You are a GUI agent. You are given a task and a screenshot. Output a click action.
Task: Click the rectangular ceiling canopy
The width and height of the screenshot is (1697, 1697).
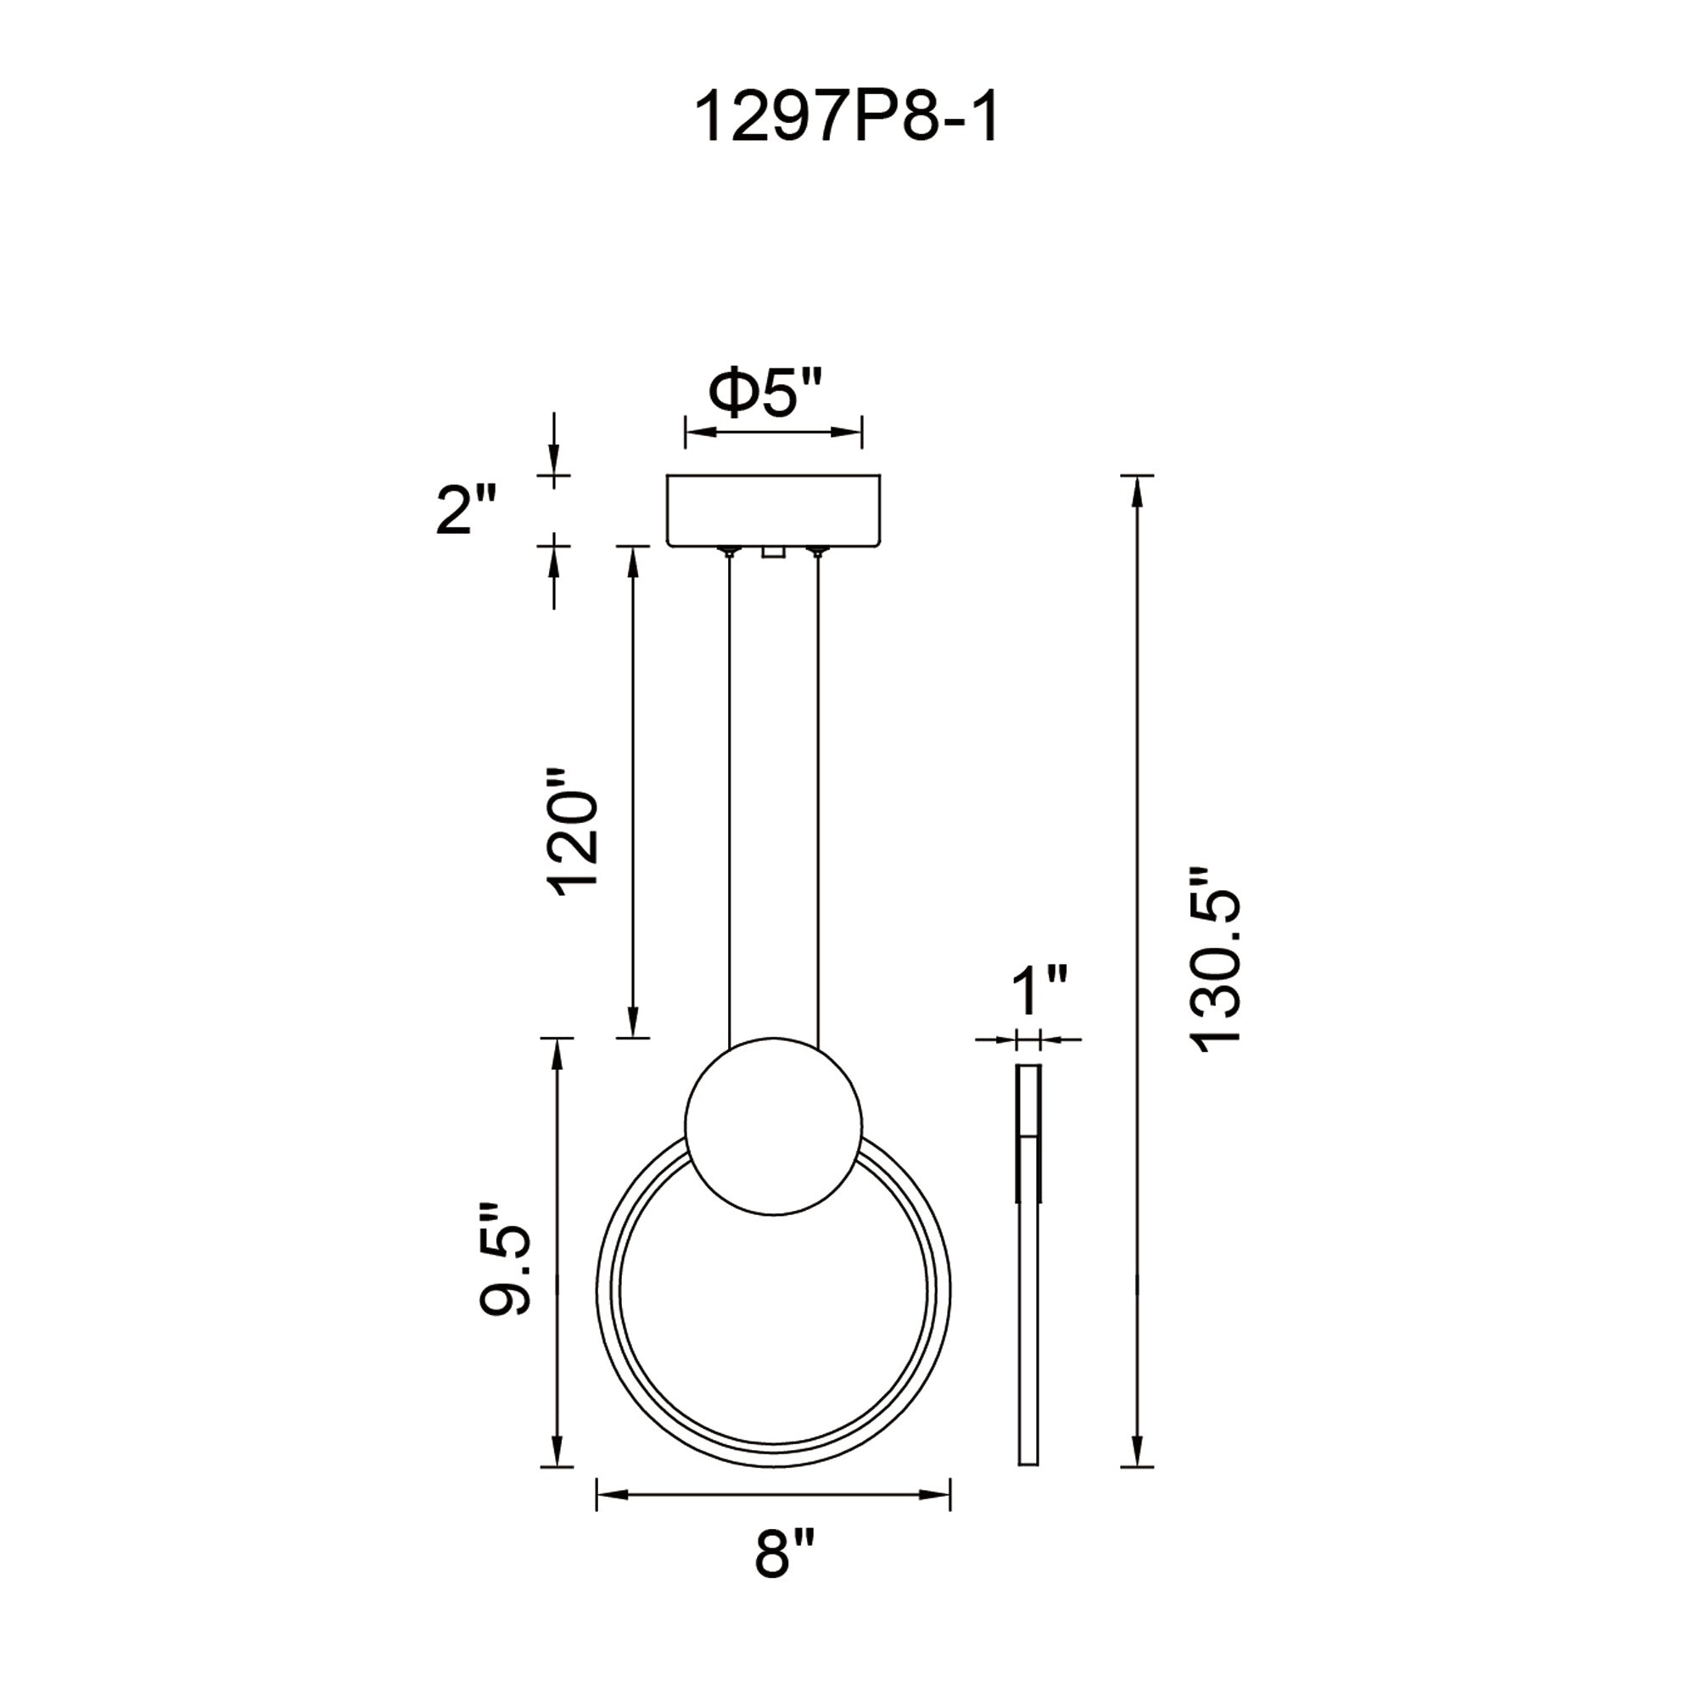tap(773, 510)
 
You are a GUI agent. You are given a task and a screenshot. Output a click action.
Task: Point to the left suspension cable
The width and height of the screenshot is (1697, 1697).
tap(729, 791)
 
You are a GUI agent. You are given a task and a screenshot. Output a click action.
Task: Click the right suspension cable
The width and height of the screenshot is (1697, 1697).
tap(818, 791)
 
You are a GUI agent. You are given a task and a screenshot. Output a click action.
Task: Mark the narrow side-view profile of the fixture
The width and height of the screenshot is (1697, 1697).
tap(1028, 1265)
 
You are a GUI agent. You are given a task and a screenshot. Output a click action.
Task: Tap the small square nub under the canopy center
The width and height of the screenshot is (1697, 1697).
tap(773, 552)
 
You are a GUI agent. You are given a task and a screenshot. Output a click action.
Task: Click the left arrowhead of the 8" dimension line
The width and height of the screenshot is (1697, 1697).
tap(608, 1493)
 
